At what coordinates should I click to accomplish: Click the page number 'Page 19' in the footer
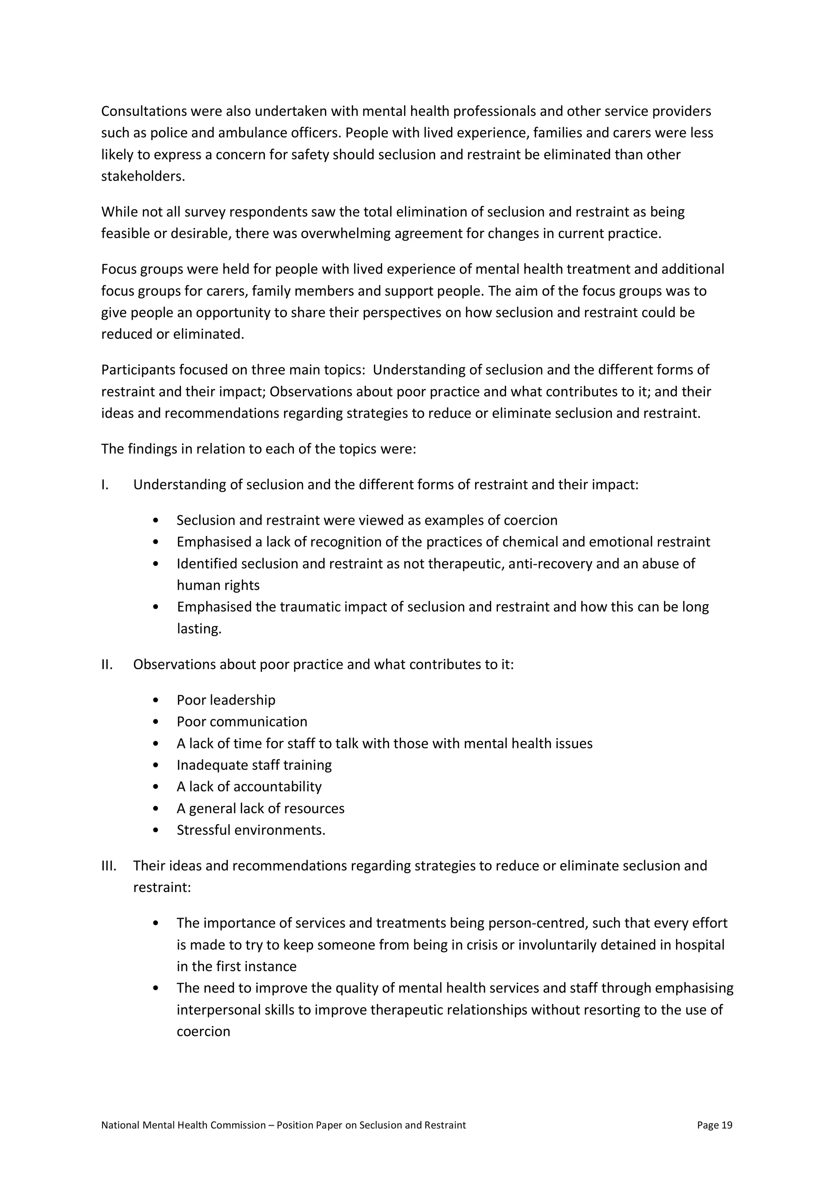tap(714, 1125)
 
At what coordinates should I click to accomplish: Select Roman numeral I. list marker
tap(105, 484)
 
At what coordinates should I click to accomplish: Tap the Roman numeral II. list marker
tap(107, 665)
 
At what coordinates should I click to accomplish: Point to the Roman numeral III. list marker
tap(109, 866)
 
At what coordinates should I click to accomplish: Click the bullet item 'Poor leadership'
tap(226, 700)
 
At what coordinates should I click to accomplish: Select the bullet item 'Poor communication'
tap(242, 722)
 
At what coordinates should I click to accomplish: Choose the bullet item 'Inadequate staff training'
tap(254, 765)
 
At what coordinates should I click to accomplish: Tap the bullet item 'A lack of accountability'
tap(249, 787)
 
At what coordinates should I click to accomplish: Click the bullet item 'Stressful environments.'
tap(251, 830)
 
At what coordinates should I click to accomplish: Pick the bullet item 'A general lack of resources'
tap(260, 809)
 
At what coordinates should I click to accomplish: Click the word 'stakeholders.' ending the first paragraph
tap(142, 177)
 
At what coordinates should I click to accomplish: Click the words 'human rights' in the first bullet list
tap(218, 585)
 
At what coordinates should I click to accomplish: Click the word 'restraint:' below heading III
tap(162, 887)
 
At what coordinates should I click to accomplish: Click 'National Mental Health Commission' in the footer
tap(183, 1125)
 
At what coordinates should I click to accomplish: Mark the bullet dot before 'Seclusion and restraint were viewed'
tap(156, 520)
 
